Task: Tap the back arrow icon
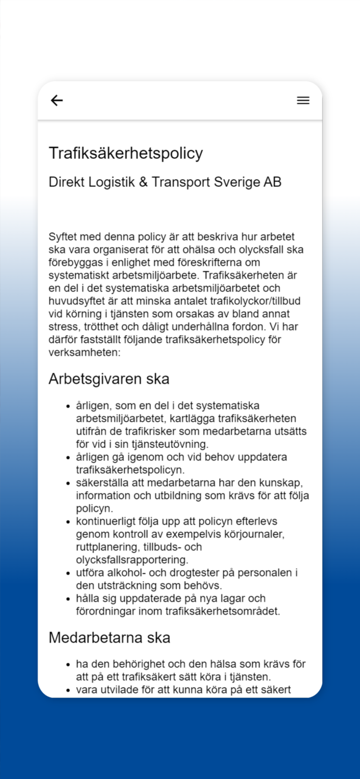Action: pyautogui.click(x=57, y=101)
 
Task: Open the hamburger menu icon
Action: pyautogui.click(x=303, y=101)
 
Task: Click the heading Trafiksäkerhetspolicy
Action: pyautogui.click(x=126, y=153)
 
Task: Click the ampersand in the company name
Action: pyautogui.click(x=143, y=182)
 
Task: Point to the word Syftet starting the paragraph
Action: pyautogui.click(x=64, y=237)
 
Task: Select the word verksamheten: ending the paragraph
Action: pyautogui.click(x=84, y=353)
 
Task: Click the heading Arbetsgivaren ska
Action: pyautogui.click(x=109, y=379)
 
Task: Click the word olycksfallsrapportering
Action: pyautogui.click(x=132, y=560)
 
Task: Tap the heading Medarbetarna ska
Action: pyautogui.click(x=110, y=638)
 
